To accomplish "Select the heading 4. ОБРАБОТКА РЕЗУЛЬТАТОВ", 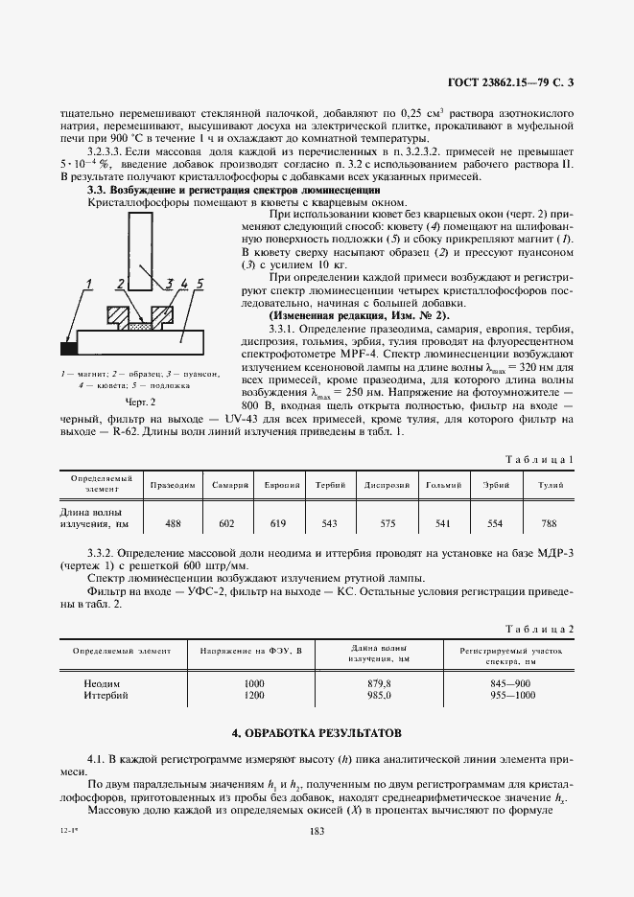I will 317,733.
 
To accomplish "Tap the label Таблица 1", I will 545,459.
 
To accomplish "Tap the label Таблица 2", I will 544,629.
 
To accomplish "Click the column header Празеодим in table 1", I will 174,484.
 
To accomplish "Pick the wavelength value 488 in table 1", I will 174,523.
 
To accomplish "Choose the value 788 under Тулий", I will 549,523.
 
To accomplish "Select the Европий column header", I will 283,484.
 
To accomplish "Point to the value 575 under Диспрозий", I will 387,523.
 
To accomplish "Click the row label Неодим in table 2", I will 104,682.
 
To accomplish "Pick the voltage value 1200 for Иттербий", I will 254,694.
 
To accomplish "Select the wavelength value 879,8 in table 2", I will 380,682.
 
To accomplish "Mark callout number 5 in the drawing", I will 200,284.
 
